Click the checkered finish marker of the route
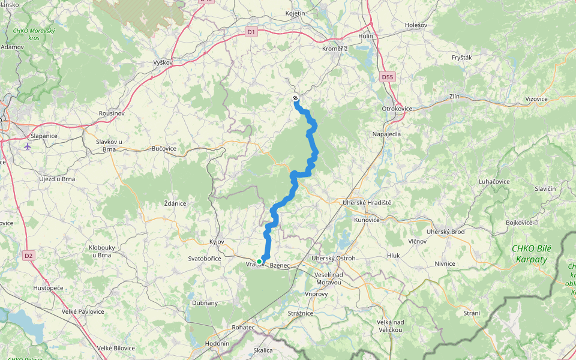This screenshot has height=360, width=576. click(x=295, y=98)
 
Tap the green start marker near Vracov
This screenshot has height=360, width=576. click(x=259, y=261)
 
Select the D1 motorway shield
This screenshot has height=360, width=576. click(x=251, y=32)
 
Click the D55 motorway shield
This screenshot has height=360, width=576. click(x=388, y=77)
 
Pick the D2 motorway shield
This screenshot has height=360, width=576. click(x=28, y=256)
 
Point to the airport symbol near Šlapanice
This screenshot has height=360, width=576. click(x=28, y=146)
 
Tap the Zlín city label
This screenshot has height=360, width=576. click(x=457, y=97)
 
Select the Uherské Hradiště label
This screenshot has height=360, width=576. click(x=367, y=203)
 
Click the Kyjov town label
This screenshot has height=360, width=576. click(x=216, y=242)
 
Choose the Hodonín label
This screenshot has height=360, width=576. click(x=217, y=343)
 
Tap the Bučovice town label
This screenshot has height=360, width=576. click(x=164, y=148)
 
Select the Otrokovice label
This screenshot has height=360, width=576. click(x=397, y=109)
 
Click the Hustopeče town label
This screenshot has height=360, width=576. click(x=49, y=288)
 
